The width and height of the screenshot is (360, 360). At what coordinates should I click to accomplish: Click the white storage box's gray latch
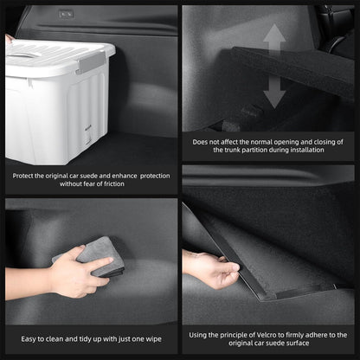pos(92,62)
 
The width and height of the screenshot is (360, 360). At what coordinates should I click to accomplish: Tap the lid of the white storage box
pos(59,56)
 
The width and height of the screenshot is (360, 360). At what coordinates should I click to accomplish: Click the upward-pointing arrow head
pos(274,34)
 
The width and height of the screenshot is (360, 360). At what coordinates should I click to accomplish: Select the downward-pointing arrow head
pos(274,99)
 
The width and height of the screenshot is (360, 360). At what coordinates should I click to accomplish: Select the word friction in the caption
pos(112,184)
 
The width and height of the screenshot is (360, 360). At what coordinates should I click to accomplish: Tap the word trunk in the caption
pos(232,150)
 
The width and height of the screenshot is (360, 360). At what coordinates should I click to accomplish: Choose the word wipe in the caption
pos(154,339)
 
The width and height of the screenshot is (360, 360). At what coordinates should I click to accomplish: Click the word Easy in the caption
pos(28,339)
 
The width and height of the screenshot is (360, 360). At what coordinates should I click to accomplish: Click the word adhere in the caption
pos(316,335)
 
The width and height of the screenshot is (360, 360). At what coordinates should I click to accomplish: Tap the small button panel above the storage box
pos(67,14)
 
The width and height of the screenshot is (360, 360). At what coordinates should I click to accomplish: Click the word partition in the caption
pos(255,150)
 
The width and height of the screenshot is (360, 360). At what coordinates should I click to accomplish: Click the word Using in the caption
pos(197,336)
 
